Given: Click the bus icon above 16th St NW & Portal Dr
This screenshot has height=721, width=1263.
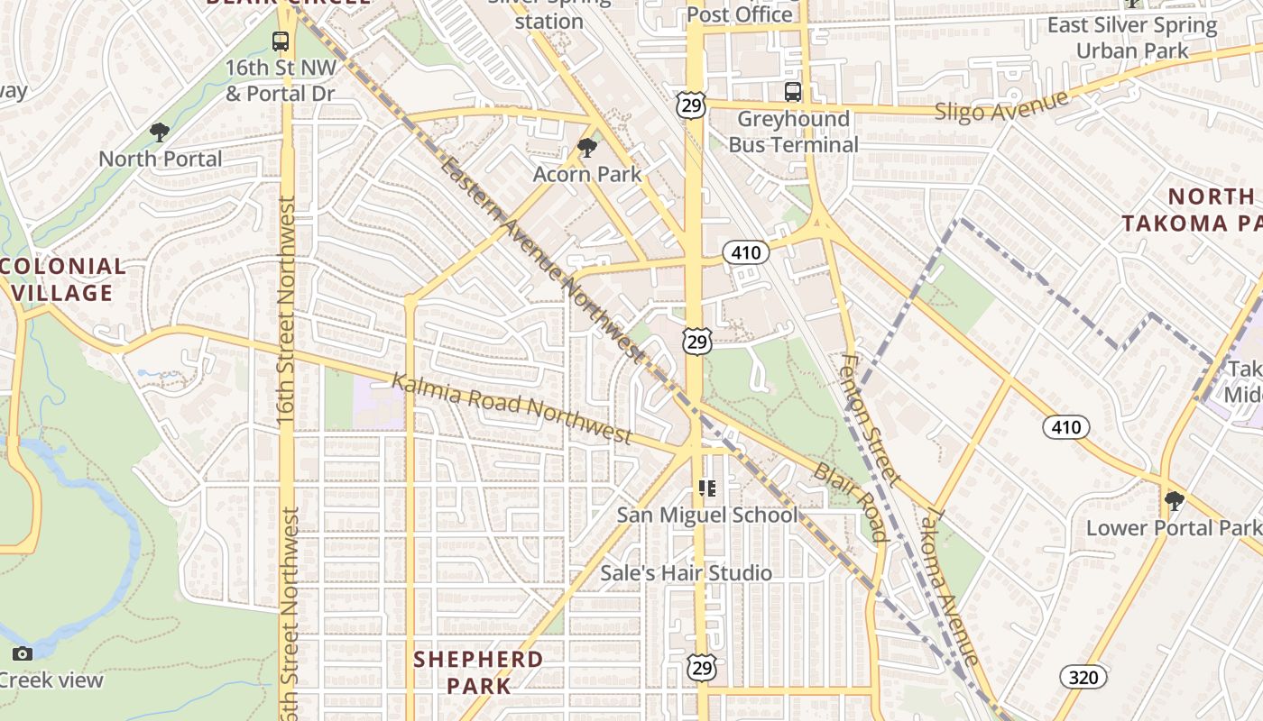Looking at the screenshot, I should [x=281, y=41].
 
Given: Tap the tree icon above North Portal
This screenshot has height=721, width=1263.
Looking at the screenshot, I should [x=160, y=132].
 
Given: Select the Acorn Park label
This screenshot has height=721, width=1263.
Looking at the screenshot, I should [x=587, y=174].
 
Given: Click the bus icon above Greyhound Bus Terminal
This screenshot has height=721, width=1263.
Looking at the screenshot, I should [x=793, y=92].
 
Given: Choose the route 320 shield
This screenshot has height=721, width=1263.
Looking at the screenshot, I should [x=1083, y=676].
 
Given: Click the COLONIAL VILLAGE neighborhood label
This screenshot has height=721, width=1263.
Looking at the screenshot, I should [x=61, y=279].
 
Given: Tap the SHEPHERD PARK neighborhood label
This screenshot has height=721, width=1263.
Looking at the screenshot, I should [x=478, y=672].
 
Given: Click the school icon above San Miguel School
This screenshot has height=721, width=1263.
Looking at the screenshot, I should [x=707, y=488].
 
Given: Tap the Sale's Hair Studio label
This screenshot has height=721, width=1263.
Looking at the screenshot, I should [x=687, y=573].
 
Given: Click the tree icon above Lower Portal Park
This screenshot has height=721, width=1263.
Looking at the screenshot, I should [x=1174, y=501].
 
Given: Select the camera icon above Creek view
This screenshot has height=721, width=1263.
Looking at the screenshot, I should [x=23, y=653].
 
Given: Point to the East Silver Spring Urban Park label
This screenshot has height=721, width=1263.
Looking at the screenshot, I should [x=1132, y=37].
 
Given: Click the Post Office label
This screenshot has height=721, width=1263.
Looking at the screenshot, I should [x=739, y=14].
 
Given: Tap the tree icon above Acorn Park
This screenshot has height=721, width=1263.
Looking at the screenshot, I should [x=587, y=147].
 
